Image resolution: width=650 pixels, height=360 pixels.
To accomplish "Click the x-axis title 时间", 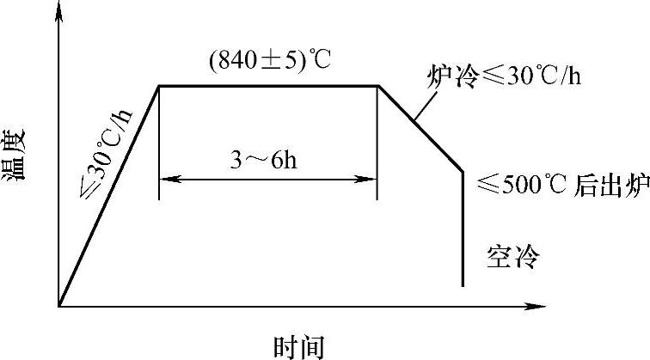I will [300, 345].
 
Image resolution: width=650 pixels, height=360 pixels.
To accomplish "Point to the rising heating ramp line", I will [109, 195].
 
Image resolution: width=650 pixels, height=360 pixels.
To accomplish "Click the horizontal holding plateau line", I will [268, 86].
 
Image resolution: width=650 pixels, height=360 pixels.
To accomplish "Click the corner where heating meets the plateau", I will [159, 86].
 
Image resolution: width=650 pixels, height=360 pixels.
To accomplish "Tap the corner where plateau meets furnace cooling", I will [378, 86].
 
